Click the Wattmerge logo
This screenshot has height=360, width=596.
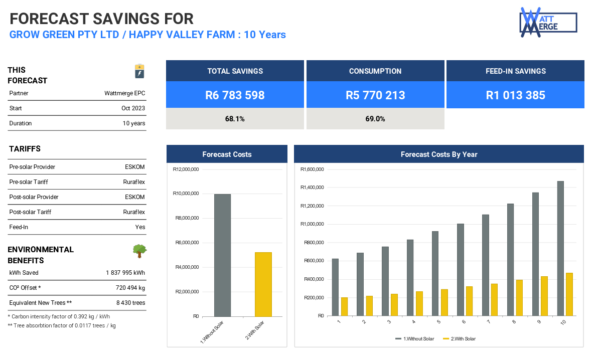[548, 23]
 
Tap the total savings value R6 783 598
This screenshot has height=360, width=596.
[235, 95]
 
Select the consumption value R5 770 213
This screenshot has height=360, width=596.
[375, 95]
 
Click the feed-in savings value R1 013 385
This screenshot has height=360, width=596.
[515, 95]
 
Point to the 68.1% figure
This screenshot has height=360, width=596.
[235, 119]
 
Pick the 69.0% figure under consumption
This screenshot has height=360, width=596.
[375, 119]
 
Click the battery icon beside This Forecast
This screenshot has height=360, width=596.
[139, 71]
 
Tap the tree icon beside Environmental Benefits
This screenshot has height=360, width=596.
[139, 251]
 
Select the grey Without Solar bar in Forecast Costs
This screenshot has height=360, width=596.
[222, 255]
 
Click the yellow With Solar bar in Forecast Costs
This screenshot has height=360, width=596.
[263, 284]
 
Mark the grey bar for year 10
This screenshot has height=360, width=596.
[560, 248]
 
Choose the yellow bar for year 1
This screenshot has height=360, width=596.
[344, 306]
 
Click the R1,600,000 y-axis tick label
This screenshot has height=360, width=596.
[312, 169]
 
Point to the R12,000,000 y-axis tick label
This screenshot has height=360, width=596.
[186, 169]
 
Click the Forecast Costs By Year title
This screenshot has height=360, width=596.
[439, 154]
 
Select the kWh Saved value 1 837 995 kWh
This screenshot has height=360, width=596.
[125, 273]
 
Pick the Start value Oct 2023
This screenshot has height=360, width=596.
[133, 108]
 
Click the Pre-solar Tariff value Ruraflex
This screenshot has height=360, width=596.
[134, 182]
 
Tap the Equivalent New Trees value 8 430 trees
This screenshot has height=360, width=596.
[130, 303]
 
